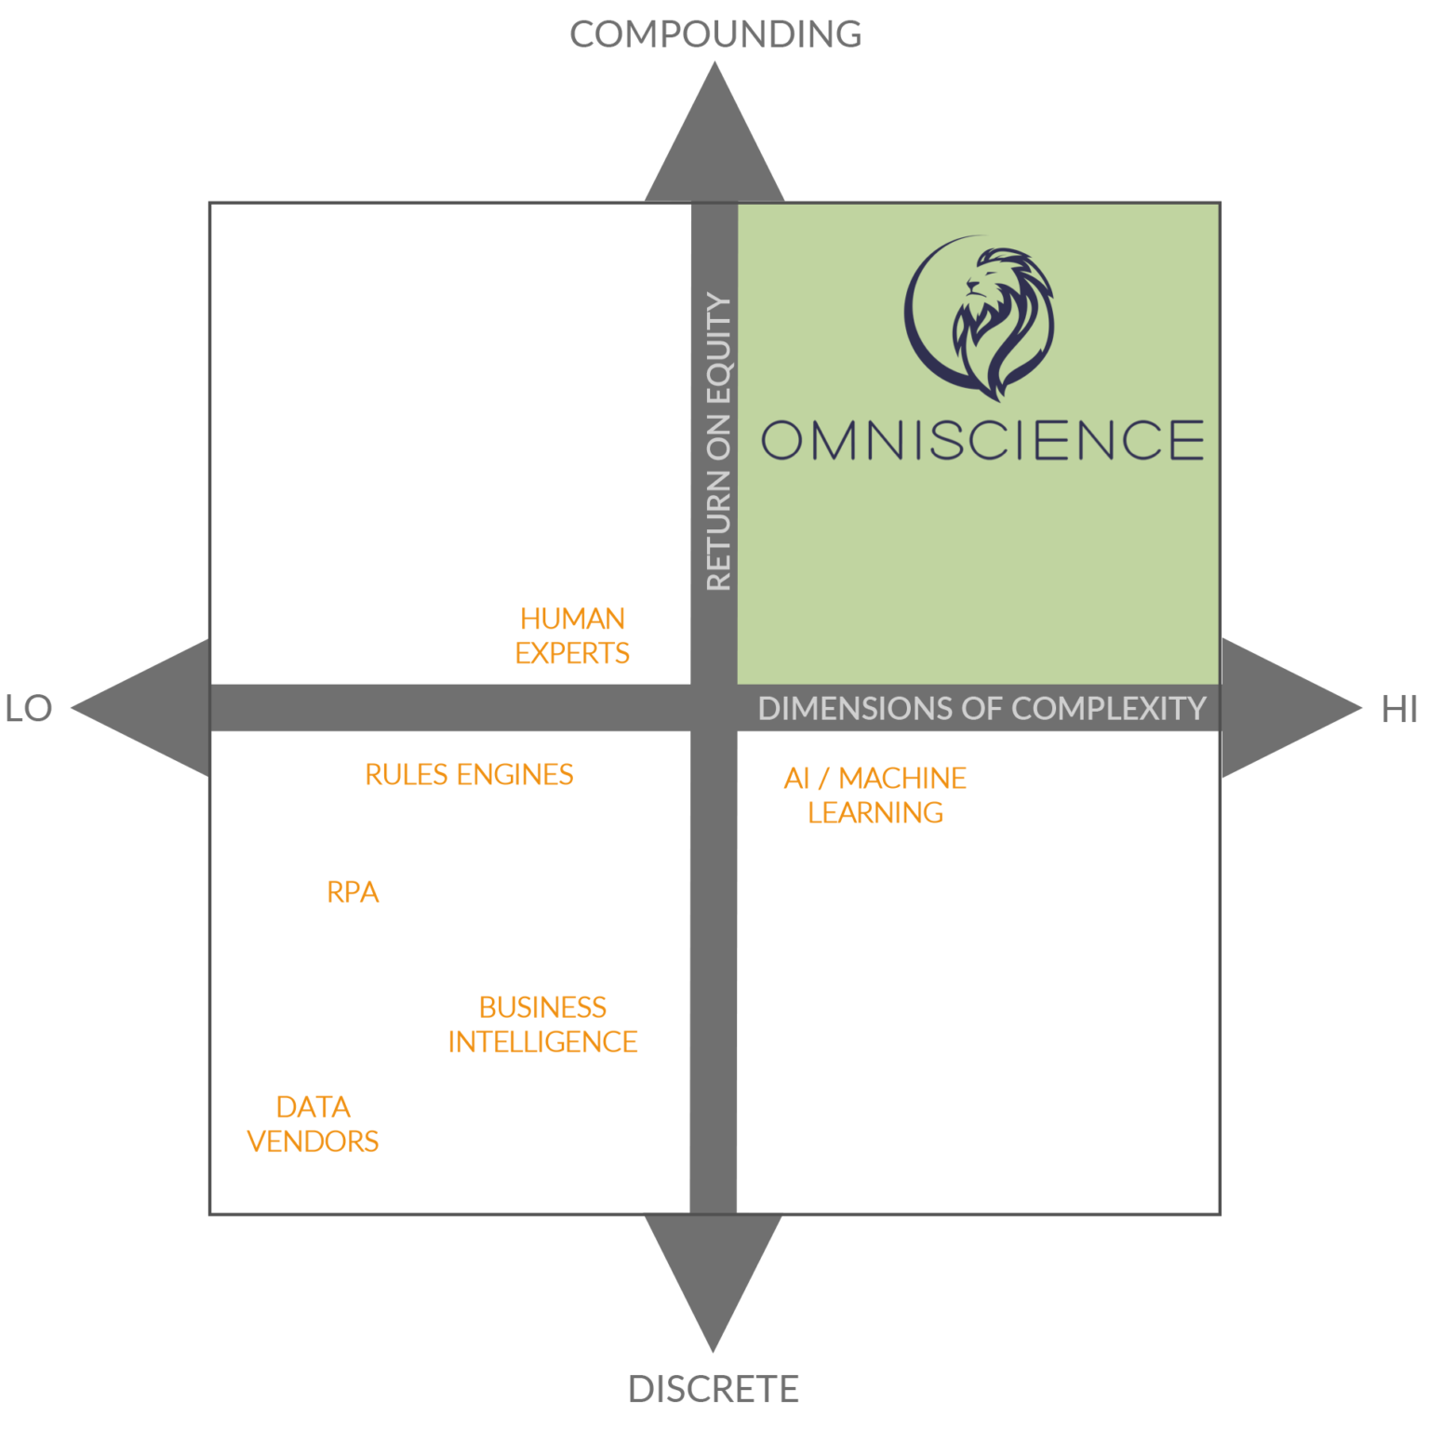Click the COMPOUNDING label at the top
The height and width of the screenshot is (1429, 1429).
click(714, 34)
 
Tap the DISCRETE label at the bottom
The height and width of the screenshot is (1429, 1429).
click(714, 1389)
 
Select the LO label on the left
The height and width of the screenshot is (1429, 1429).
click(29, 709)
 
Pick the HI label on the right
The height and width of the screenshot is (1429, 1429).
click(1399, 710)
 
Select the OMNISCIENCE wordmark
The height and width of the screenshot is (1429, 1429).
click(982, 440)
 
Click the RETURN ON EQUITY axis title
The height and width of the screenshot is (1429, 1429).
click(719, 442)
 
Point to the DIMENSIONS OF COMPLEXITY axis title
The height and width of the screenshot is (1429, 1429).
click(982, 709)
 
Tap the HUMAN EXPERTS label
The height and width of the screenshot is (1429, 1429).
click(572, 636)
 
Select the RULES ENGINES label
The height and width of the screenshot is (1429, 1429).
click(469, 775)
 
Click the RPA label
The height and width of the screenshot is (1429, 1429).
click(353, 892)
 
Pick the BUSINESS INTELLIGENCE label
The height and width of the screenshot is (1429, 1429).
click(542, 1024)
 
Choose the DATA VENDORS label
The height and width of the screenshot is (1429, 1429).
click(313, 1124)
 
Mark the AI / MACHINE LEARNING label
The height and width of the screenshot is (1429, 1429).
click(875, 795)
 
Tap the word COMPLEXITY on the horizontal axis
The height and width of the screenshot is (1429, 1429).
click(1109, 709)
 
